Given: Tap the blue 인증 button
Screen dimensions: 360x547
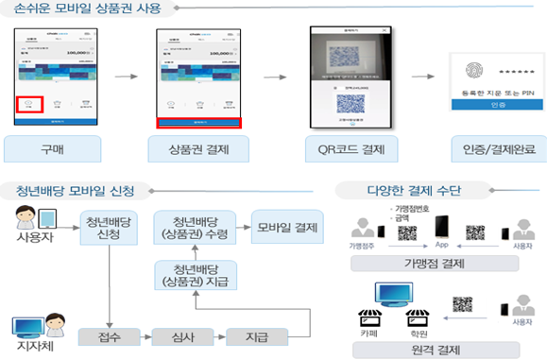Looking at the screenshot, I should (x=487, y=106).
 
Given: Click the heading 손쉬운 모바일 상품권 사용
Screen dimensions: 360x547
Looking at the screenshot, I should (x=88, y=10).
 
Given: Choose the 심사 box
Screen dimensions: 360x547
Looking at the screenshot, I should (x=179, y=334).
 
